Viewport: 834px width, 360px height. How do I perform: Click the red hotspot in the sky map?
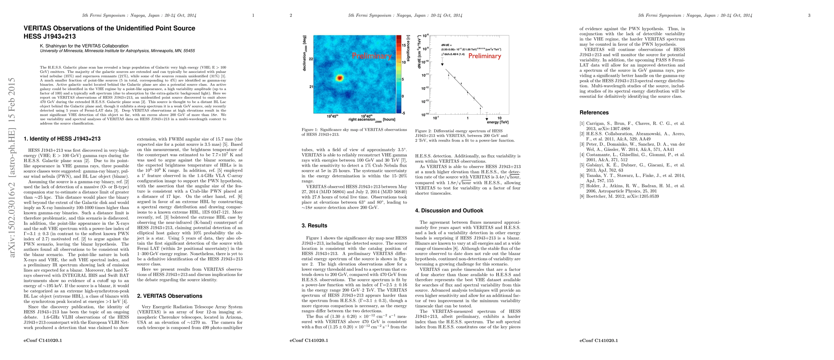(x=339, y=78)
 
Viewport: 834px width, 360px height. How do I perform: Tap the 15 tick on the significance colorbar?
(x=404, y=45)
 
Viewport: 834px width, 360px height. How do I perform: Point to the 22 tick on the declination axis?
(x=311, y=59)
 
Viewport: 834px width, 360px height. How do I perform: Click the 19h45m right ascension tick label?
(x=332, y=116)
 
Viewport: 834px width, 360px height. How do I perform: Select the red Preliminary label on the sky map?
(x=372, y=56)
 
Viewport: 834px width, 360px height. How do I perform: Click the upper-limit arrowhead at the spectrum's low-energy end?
(x=442, y=65)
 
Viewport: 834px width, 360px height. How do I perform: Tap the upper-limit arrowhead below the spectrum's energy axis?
(x=487, y=119)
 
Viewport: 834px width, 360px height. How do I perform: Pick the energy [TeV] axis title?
(x=497, y=122)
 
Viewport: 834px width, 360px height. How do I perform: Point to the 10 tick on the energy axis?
(x=499, y=118)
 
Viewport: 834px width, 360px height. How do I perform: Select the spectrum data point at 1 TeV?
(x=468, y=93)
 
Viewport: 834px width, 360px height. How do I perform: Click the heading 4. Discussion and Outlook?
(x=449, y=210)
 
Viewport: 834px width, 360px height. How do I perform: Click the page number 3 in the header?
(x=809, y=15)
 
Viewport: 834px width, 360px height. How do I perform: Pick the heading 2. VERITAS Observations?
(x=169, y=296)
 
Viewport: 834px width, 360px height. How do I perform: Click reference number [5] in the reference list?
(x=582, y=165)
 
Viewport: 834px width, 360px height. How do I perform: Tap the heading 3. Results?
(x=314, y=226)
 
